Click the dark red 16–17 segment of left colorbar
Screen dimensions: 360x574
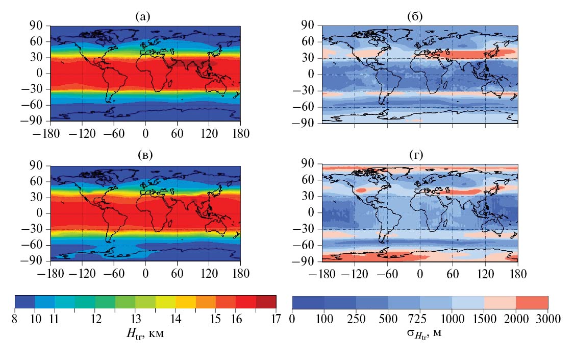click(x=266, y=302)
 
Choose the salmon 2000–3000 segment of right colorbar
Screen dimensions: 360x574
click(x=532, y=302)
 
